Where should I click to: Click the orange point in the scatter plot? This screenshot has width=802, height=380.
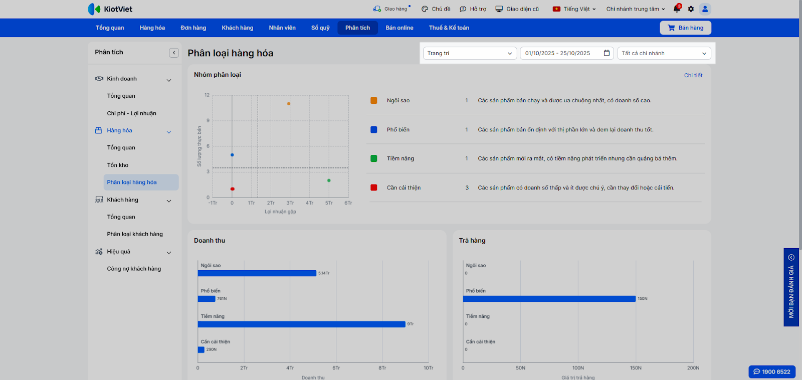289,104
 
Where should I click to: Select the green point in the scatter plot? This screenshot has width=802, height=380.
329,180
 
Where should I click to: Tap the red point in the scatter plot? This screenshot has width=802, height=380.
232,189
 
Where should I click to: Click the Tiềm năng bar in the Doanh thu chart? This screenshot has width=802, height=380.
301,324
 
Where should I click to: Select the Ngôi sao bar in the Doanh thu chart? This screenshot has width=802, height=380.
257,273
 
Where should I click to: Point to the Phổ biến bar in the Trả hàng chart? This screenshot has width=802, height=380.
549,299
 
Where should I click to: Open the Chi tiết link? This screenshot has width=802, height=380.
693,75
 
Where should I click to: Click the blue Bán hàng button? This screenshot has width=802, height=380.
685,28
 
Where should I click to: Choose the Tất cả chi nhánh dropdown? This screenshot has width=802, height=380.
664,53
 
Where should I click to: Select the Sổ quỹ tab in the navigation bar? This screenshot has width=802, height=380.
320,28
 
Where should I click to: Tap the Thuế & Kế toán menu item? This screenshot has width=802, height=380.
449,28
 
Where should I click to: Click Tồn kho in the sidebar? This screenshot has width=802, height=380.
118,165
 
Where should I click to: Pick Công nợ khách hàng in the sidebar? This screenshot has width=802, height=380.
134,269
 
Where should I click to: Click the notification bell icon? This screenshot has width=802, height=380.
677,9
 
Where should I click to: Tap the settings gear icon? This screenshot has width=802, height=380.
691,9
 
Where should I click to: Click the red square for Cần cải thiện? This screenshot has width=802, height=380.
374,187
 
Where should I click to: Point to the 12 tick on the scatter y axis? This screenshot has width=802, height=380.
207,95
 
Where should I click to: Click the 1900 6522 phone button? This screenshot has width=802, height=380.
772,371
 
